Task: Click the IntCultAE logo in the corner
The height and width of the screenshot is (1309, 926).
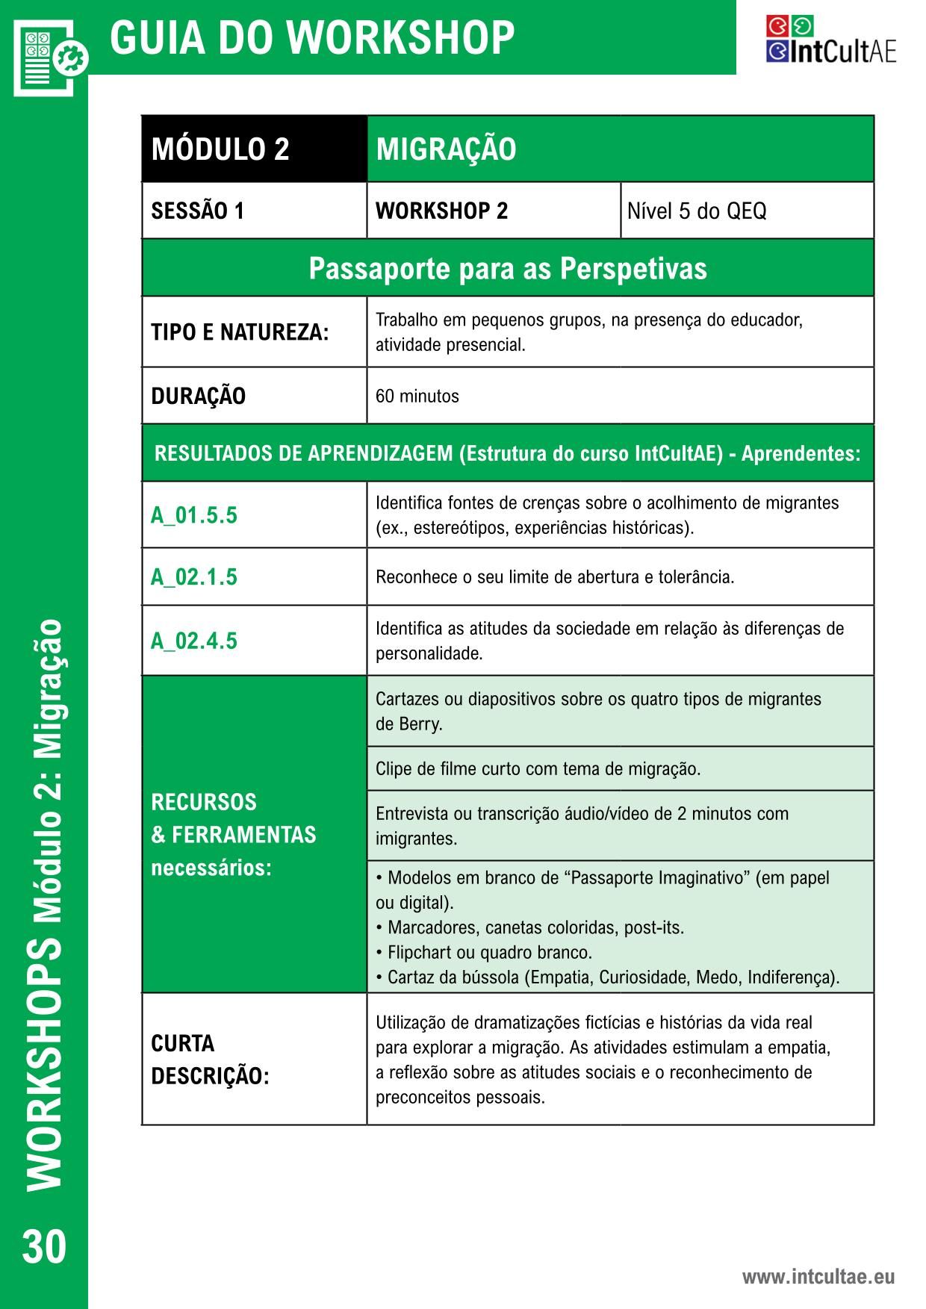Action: tap(830, 40)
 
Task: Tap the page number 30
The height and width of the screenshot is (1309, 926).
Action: tap(44, 1246)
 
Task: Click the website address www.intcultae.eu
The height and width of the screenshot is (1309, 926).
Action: tap(818, 1276)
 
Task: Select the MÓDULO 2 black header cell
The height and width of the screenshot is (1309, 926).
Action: tap(254, 149)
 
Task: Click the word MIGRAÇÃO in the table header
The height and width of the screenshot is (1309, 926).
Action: tap(446, 149)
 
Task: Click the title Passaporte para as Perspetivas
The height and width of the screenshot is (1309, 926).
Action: tap(508, 268)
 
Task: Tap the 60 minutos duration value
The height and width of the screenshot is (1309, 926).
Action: tap(417, 396)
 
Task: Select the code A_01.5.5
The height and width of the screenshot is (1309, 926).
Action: tap(194, 515)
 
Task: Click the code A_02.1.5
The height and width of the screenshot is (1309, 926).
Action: tap(194, 577)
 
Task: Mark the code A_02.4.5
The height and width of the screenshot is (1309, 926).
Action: tap(194, 641)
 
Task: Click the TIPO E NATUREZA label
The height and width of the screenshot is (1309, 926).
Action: tap(240, 332)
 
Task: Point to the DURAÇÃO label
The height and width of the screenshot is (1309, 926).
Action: tap(198, 396)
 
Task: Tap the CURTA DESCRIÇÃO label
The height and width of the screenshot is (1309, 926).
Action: tap(210, 1060)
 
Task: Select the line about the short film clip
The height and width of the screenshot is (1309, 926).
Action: tap(538, 768)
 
